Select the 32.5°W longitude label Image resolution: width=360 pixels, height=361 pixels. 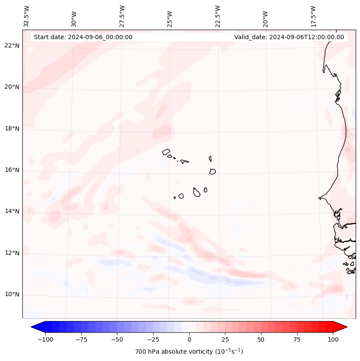tap(27, 16)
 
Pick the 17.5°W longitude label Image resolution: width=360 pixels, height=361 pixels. tap(313, 16)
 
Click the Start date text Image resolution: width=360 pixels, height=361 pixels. tap(83, 37)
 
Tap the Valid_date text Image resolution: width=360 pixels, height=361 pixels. tap(289, 37)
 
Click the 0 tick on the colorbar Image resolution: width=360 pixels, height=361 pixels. tap(189, 339)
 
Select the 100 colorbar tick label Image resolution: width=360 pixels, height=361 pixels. tap(333, 339)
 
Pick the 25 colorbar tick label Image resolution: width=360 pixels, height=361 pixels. tap(225, 339)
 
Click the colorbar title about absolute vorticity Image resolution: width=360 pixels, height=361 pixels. tap(189, 352)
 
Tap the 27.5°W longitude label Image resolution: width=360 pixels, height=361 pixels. tap(122, 16)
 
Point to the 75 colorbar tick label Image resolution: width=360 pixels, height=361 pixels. tap(297, 339)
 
